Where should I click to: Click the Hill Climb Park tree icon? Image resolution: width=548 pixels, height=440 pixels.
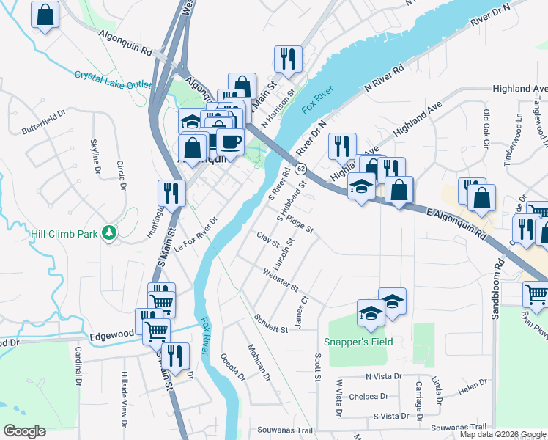coord(110,232)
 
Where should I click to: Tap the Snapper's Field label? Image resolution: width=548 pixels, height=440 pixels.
coord(358,342)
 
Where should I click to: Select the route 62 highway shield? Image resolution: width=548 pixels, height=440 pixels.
coord(301,169)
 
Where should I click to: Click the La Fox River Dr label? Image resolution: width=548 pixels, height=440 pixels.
coord(196,235)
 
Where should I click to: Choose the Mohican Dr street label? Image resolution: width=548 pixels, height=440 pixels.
coord(259,363)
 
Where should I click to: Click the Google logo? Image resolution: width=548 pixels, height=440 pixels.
coord(24,431)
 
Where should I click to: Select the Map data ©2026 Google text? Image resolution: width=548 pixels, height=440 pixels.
coord(503,434)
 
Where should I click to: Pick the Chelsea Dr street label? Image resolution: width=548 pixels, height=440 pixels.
coord(369,396)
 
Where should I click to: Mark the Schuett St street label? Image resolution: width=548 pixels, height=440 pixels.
coord(271,324)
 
